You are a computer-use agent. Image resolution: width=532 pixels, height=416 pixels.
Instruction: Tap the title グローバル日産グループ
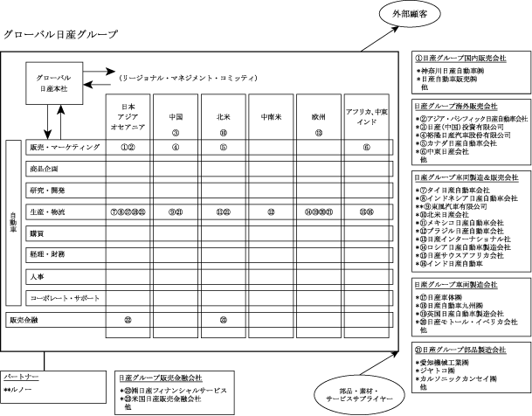(60, 36)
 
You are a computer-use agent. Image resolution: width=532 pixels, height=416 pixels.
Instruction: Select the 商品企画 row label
(45, 168)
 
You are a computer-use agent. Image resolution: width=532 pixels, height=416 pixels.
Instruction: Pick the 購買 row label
(37, 233)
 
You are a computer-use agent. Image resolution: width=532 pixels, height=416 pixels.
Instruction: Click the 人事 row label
(37, 276)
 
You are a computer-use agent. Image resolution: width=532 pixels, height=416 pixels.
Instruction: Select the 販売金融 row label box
(24, 319)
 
